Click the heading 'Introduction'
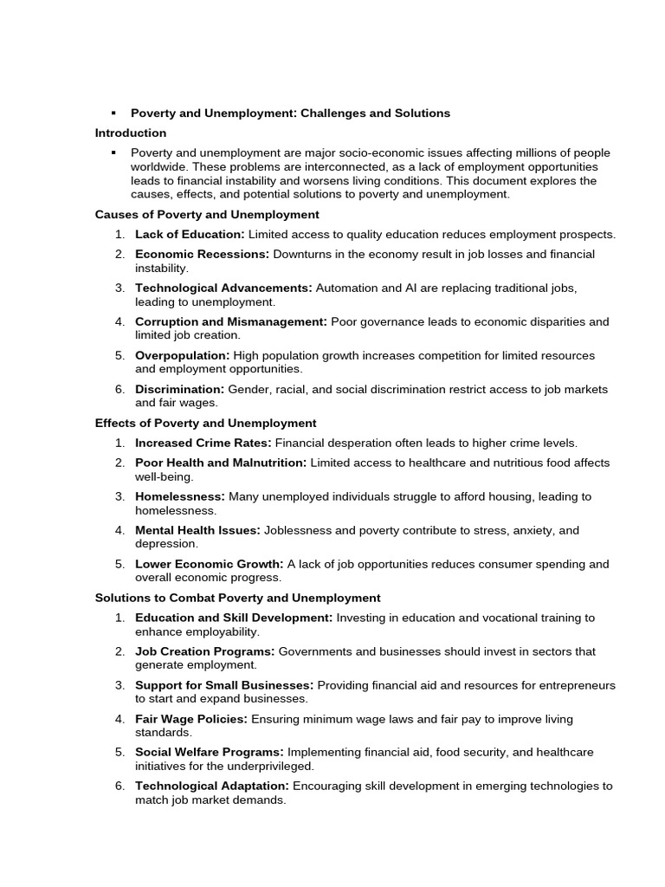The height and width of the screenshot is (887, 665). click(x=130, y=133)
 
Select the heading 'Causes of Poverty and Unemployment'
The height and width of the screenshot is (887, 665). click(x=207, y=215)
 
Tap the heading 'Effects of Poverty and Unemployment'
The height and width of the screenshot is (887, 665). click(x=205, y=424)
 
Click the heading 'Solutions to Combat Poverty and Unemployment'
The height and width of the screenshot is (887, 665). click(x=237, y=598)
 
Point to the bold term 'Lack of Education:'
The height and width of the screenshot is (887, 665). click(x=190, y=235)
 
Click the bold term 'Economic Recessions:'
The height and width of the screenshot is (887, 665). click(x=202, y=255)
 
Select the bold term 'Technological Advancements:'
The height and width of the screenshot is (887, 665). click(x=223, y=288)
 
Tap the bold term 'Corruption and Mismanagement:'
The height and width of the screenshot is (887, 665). click(x=230, y=321)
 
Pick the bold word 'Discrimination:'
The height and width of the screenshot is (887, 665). click(x=179, y=390)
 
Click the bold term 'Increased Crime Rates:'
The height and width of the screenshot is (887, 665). click(x=203, y=443)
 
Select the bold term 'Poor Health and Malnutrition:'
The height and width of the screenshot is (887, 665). click(x=220, y=463)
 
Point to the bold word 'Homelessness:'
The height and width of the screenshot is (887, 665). click(x=179, y=497)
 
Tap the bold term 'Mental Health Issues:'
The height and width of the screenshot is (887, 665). click(x=197, y=530)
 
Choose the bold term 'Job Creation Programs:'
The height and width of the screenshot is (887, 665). click(x=204, y=651)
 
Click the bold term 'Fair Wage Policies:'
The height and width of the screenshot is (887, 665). click(x=190, y=719)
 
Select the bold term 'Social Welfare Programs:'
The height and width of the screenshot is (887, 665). click(x=209, y=753)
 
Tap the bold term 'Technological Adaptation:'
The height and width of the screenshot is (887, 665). click(x=212, y=787)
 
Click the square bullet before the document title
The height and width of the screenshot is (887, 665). click(x=113, y=113)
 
